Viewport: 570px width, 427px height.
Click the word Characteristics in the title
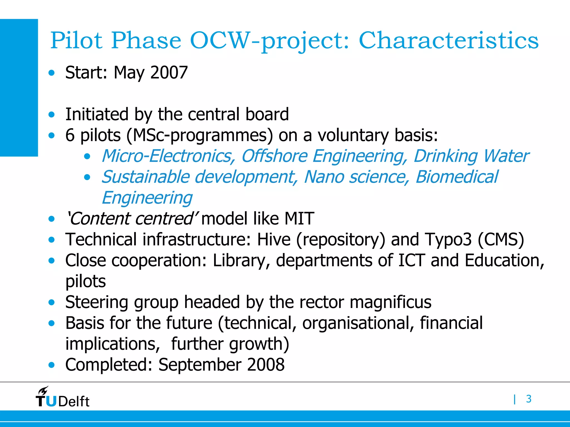(449, 41)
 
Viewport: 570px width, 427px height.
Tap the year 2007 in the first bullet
(169, 73)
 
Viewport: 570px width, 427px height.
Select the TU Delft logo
(62, 398)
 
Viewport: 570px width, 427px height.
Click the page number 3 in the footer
(529, 399)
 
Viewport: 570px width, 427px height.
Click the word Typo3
(448, 240)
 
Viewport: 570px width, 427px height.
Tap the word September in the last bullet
(200, 365)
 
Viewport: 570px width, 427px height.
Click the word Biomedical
(456, 177)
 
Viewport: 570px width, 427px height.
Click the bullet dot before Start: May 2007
(51, 73)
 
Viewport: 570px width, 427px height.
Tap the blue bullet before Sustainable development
(87, 177)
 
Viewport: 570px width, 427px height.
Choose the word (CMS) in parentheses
(501, 240)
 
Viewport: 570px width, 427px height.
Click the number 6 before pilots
(70, 135)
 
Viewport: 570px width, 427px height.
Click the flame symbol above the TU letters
(43, 391)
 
